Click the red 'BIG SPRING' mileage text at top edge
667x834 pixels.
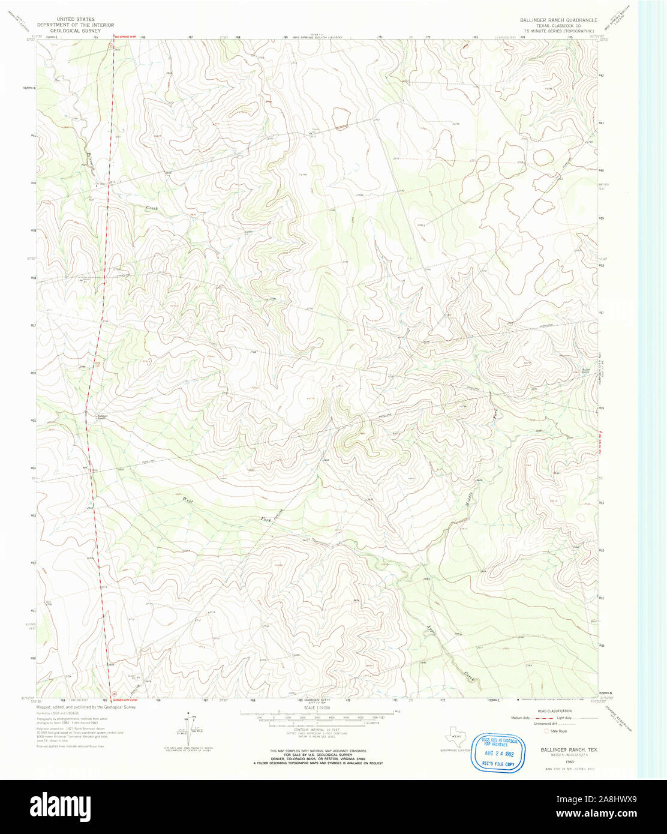(127, 37)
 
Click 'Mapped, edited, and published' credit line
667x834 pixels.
(86, 707)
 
